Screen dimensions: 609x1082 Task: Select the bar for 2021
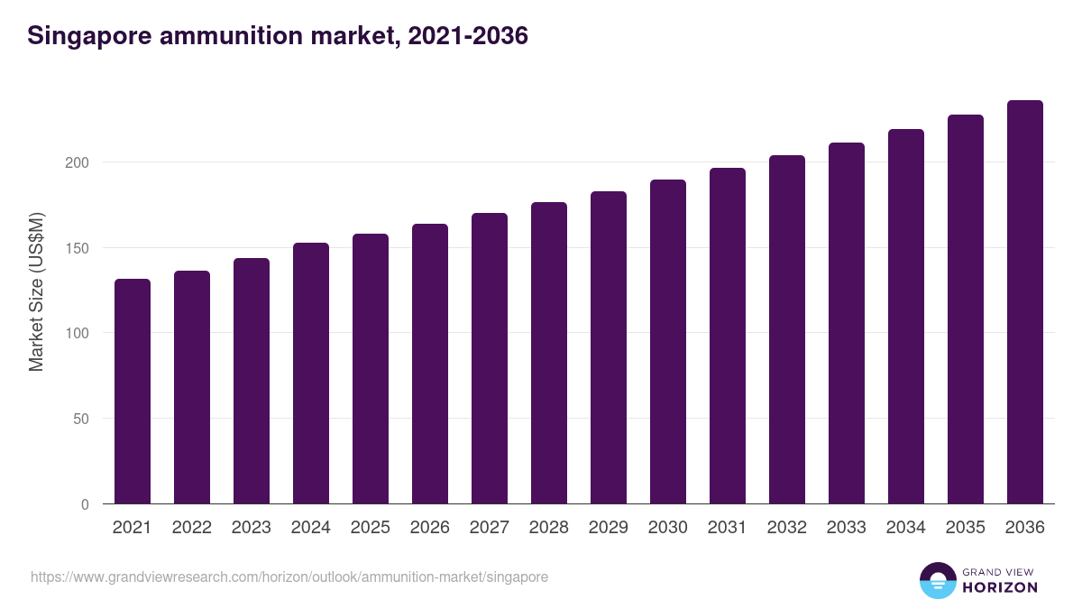(133, 392)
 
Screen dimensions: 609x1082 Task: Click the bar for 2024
(311, 374)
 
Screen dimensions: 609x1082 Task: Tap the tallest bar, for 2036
(1025, 302)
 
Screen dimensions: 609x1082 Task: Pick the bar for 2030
(668, 342)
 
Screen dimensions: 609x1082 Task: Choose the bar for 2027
(490, 358)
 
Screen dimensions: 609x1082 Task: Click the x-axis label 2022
(192, 528)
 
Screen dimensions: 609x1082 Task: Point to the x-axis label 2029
(609, 528)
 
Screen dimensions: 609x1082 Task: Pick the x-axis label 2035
(966, 528)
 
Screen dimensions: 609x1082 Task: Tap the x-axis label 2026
(430, 528)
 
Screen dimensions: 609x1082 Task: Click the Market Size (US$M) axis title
(36, 291)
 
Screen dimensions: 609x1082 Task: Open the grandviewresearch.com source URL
(289, 577)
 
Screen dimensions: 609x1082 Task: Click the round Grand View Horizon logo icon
(937, 580)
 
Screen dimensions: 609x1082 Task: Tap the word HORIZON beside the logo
(1000, 587)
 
